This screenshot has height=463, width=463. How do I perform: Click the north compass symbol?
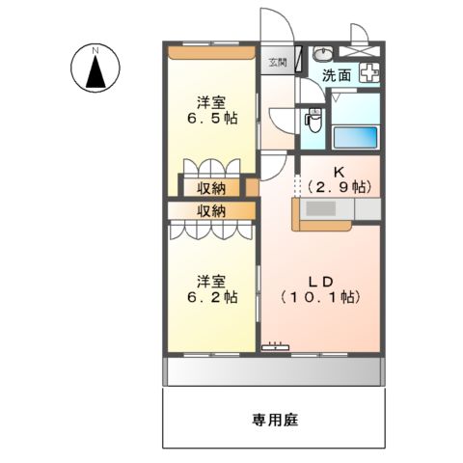(95, 68)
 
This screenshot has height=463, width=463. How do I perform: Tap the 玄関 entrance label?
(277, 63)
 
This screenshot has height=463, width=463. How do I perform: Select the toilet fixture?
(312, 123)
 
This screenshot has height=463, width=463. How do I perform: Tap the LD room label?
(321, 281)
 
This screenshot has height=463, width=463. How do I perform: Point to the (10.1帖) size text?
(321, 298)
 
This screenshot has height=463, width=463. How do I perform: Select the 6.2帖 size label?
(213, 298)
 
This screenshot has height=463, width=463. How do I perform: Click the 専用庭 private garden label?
(273, 420)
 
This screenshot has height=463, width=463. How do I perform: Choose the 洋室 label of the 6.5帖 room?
(212, 100)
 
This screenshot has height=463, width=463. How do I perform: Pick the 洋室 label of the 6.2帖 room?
(212, 281)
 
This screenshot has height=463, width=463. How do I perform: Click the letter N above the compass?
(95, 48)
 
